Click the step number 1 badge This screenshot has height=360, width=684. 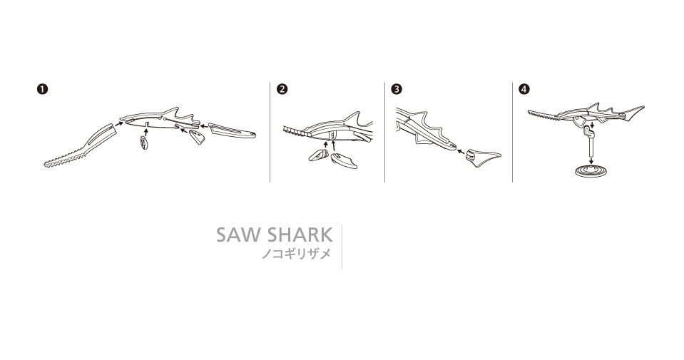pos(42,89)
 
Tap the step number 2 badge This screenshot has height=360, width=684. pos(282,89)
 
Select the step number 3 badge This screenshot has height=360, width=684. pos(397,89)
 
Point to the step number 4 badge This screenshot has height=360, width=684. pos(524,89)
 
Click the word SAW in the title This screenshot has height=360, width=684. pos(239,235)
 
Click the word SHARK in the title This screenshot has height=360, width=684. pos(300,235)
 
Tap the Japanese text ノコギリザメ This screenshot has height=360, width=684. pos(296,254)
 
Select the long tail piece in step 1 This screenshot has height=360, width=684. pos(233,130)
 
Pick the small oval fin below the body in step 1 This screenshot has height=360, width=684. pos(143,142)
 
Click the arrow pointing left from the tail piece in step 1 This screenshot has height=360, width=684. pos(204,128)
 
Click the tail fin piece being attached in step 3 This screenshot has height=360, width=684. pos(484,155)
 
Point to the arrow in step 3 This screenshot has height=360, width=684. pos(461,152)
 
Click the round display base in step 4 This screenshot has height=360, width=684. pos(591,170)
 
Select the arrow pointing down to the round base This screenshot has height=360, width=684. pos(591,161)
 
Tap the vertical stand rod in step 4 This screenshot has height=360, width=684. pos(591,146)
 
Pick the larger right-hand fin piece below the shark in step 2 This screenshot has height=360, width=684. pos(344,161)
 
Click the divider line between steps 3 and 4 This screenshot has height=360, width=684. pos(513,132)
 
